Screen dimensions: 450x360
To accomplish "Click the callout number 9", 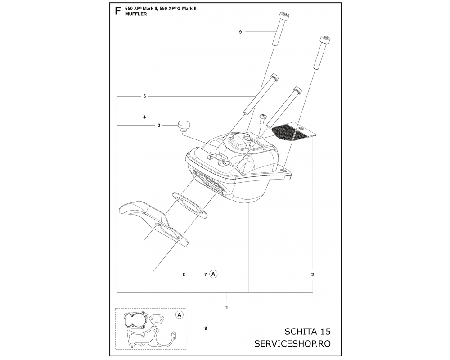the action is (x=240, y=32).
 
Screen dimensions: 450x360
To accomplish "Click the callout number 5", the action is (x=144, y=96).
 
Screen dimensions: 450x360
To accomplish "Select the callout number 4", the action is (x=144, y=117).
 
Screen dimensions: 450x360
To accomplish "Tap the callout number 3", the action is (x=159, y=126).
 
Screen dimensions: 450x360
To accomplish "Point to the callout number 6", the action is (x=184, y=274).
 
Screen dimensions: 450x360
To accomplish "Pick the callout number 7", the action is (x=205, y=274).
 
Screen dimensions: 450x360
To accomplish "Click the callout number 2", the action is (x=313, y=274).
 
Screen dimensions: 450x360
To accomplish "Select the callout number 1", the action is (x=227, y=307).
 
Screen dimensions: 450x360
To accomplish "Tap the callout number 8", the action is (x=206, y=328).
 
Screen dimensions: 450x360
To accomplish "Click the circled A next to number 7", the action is (x=213, y=274).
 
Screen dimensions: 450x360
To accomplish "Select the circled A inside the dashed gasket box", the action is (x=180, y=315).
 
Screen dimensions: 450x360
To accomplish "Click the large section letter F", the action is (x=117, y=11).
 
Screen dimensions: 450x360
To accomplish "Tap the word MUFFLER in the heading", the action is (x=136, y=14).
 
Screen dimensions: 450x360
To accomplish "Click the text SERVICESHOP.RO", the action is (x=292, y=344).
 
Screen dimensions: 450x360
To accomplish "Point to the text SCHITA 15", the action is (x=307, y=332).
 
